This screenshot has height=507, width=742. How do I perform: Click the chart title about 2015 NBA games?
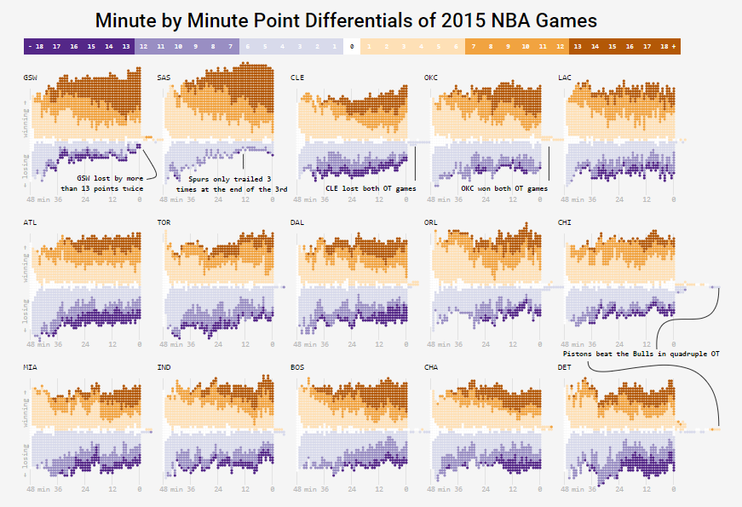tap(346, 20)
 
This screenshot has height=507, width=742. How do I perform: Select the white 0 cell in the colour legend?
tap(352, 48)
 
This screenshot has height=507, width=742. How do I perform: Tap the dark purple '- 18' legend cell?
tap(33, 48)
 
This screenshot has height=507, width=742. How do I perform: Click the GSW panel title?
tap(30, 78)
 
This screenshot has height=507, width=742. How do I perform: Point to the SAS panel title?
tap(164, 78)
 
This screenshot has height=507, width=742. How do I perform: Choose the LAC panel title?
tap(564, 78)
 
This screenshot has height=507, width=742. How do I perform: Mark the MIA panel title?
tap(30, 367)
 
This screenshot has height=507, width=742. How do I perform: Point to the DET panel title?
tap(564, 367)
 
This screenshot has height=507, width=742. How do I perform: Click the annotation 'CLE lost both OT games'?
tap(371, 188)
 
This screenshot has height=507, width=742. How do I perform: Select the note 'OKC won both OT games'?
tap(504, 188)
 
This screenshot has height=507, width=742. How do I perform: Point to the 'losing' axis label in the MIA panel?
tap(26, 455)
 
